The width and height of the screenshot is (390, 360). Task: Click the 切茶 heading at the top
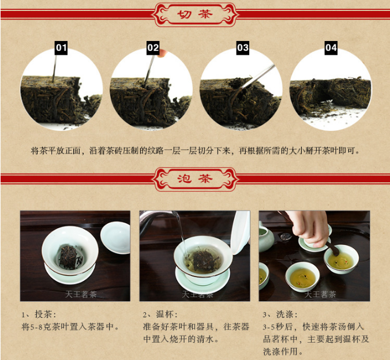coord(195,14)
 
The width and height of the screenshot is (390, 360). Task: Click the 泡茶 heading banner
coord(195,179)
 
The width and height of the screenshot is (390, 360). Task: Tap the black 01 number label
coord(61,48)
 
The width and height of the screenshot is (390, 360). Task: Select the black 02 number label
coord(153,48)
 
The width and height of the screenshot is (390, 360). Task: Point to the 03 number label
coord(242,48)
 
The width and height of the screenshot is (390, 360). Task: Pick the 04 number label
coord(331,48)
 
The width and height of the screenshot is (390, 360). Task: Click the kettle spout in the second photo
coord(159,216)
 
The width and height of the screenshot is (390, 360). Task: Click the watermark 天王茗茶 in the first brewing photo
coord(81,295)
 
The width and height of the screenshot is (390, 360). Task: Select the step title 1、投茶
coord(39,314)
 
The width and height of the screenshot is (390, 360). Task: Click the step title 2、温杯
coord(160,314)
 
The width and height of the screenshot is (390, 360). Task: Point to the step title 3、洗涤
coord(280,314)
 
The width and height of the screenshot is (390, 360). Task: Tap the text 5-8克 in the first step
coord(39,327)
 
